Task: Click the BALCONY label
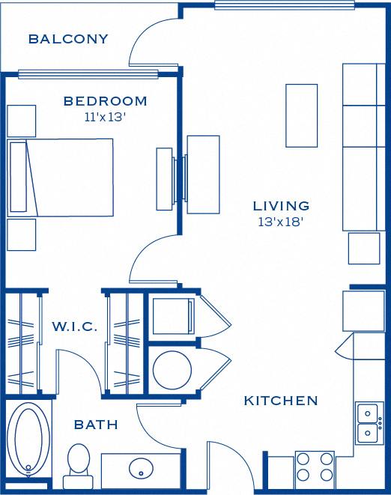(68, 39)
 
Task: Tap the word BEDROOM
(105, 101)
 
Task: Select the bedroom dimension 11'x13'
(105, 117)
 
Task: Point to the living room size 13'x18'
(281, 221)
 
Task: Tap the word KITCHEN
(281, 401)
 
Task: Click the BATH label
(96, 425)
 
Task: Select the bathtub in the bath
(30, 440)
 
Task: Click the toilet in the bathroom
(77, 460)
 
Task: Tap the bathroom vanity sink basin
(141, 470)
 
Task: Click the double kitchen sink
(368, 422)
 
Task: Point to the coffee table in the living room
(302, 115)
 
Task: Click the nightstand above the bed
(22, 121)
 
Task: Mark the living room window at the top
(284, 5)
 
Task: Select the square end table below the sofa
(364, 248)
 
